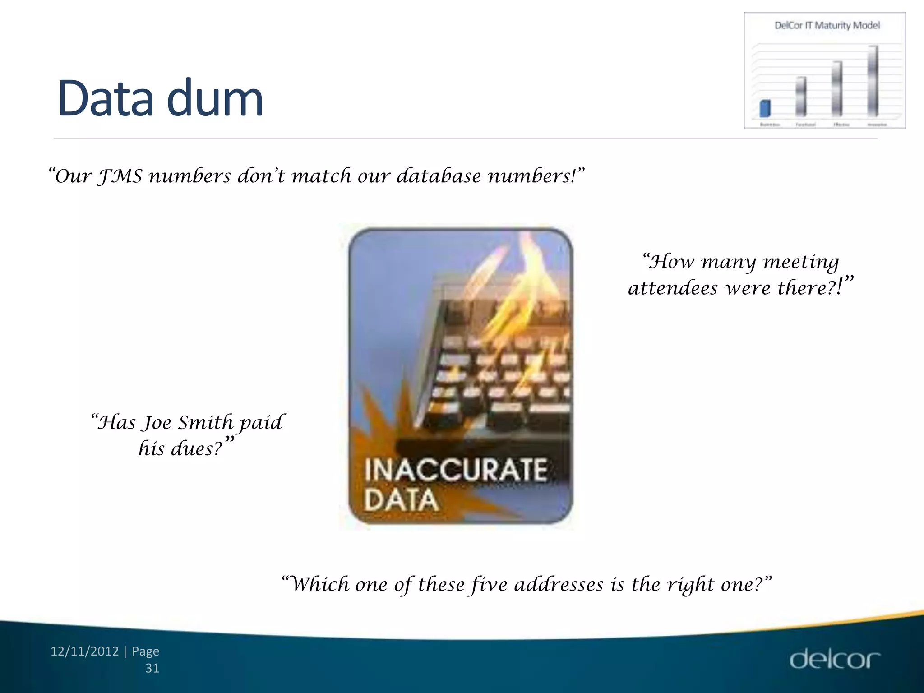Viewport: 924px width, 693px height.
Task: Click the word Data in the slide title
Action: pos(106,98)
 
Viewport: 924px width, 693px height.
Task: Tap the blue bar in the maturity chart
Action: pos(765,108)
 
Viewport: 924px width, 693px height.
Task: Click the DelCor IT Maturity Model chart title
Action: pos(827,25)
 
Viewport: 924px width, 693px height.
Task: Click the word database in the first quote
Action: pos(439,176)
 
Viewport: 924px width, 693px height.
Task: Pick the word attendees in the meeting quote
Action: pos(673,288)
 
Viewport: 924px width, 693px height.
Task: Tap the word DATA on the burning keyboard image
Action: pos(401,500)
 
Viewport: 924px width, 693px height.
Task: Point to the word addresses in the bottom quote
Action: pos(559,585)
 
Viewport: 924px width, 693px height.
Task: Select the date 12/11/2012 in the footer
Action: pos(84,651)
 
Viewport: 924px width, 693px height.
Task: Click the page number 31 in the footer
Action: pos(152,668)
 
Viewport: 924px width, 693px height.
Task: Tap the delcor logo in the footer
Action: pos(834,659)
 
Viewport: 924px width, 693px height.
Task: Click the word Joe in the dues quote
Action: pos(157,423)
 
